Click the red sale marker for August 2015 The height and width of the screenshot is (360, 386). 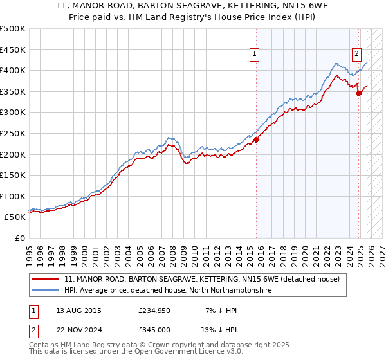click(x=256, y=139)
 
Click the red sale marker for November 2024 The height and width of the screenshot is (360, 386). click(x=359, y=93)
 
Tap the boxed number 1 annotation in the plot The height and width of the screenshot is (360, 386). click(x=255, y=54)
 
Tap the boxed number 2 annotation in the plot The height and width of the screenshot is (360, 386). click(x=356, y=54)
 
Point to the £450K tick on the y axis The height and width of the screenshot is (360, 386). click(x=13, y=50)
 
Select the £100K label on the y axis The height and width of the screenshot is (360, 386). click(x=13, y=196)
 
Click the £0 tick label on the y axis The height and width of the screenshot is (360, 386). click(x=21, y=238)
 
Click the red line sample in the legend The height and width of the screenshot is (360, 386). click(x=46, y=280)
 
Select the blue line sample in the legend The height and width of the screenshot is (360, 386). click(x=46, y=291)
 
